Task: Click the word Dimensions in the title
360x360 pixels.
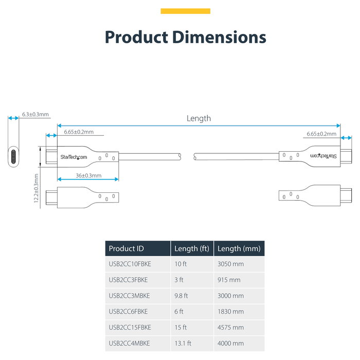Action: click(x=219, y=37)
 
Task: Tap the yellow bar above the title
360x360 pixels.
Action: click(x=185, y=11)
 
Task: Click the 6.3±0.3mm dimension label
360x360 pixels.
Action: click(x=35, y=114)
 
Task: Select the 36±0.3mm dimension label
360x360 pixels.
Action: click(x=88, y=176)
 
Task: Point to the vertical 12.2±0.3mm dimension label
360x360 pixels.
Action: click(x=36, y=188)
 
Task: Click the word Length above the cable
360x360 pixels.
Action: click(x=199, y=118)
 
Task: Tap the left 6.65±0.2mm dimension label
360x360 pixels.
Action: click(x=79, y=132)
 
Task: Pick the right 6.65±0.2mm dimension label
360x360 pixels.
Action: click(x=321, y=134)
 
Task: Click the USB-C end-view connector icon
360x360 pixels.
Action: click(x=13, y=156)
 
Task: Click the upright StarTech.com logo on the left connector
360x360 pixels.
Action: click(x=74, y=157)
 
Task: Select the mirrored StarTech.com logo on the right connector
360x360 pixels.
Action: click(x=323, y=156)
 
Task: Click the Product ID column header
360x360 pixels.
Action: click(x=127, y=248)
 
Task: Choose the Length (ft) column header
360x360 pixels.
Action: click(x=192, y=248)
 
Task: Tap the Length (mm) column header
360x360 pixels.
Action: click(x=239, y=248)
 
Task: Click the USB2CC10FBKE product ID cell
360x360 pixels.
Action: click(x=130, y=264)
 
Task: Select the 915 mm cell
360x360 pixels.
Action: click(x=229, y=280)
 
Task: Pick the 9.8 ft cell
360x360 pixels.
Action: click(x=181, y=296)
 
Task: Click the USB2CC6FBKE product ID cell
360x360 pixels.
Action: click(x=128, y=312)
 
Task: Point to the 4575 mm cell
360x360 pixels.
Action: click(x=230, y=328)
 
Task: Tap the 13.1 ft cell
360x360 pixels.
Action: click(x=183, y=343)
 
